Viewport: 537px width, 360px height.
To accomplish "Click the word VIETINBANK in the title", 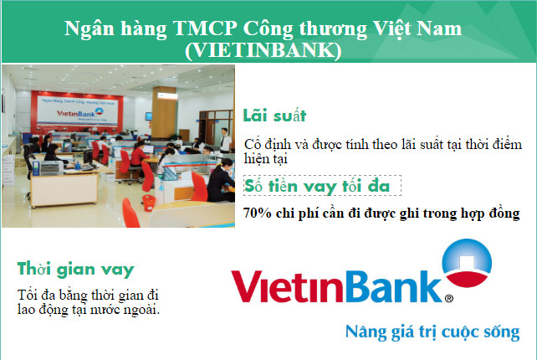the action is point(263,50).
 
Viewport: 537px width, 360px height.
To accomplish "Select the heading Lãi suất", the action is point(274,115).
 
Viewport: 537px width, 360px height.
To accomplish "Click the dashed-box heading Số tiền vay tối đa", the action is point(317,186).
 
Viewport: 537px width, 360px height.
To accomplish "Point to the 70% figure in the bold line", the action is point(257,213).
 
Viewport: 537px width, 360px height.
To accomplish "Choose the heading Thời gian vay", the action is point(75,269).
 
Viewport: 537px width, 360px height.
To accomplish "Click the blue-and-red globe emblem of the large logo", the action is point(467,263).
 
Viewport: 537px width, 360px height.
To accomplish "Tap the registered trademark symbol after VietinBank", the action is point(448,298).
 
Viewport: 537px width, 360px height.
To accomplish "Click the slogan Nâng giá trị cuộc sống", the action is point(432,332).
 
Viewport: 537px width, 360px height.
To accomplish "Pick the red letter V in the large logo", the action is point(246,286).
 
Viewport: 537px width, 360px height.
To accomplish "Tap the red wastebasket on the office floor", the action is point(149,203).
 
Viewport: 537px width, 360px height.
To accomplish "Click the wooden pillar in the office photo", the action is point(164,112).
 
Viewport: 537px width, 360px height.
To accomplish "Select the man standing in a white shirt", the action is point(225,141).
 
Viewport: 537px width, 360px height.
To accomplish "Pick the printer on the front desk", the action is point(48,167).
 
